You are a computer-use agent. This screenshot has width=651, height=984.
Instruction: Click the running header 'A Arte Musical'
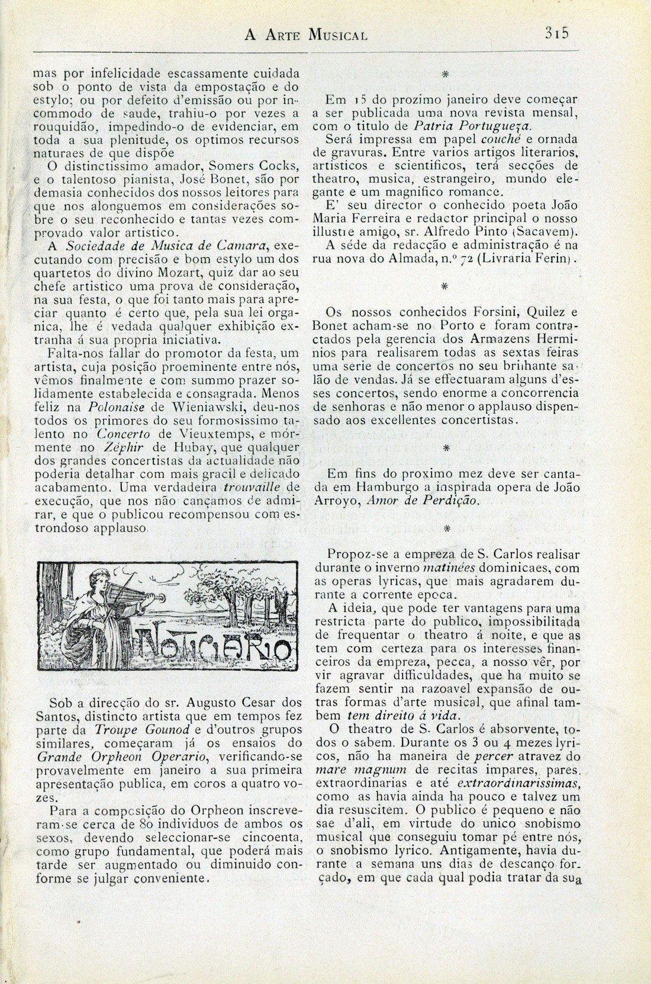(306, 34)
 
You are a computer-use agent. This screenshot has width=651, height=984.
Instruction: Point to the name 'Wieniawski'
(186, 408)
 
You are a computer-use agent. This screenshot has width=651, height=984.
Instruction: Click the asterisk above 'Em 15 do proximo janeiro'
(444, 75)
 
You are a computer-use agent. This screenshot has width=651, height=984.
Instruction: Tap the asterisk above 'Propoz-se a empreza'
(447, 527)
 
